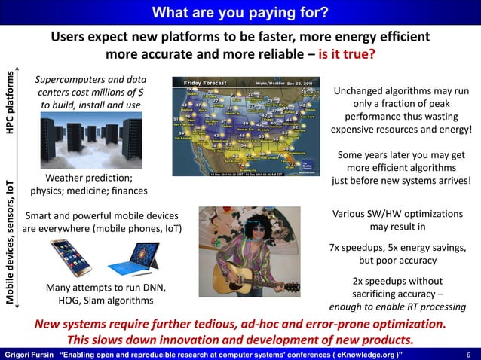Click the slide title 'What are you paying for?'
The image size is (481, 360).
(240, 12)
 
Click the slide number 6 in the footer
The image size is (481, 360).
(468, 353)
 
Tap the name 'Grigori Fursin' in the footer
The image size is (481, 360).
(27, 353)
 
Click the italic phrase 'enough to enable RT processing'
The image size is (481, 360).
(397, 307)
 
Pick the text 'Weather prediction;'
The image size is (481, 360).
(89, 178)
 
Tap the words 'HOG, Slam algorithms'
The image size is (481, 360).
(106, 301)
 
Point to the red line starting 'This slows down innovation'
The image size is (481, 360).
(240, 340)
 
